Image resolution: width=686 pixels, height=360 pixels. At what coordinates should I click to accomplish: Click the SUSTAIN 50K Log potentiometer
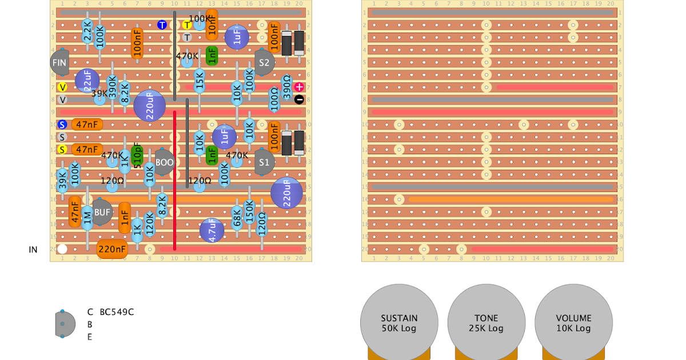(x=399, y=323)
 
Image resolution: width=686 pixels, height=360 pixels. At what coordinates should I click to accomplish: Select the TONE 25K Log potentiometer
(x=486, y=323)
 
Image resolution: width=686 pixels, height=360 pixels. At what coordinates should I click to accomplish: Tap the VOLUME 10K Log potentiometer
(x=573, y=323)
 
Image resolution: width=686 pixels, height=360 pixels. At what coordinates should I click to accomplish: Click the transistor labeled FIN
(x=59, y=62)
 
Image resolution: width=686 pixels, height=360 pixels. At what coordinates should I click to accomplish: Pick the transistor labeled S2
(x=264, y=62)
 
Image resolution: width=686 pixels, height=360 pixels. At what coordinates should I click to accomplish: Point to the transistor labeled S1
(x=264, y=162)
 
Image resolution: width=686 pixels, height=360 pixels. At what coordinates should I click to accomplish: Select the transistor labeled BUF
(x=102, y=212)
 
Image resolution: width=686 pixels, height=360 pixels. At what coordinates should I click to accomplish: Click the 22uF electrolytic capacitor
(x=87, y=81)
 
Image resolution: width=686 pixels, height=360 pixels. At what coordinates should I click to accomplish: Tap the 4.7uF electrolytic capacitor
(x=212, y=230)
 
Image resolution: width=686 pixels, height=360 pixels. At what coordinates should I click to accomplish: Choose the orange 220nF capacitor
(x=112, y=249)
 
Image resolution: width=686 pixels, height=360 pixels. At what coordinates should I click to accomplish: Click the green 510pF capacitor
(x=137, y=155)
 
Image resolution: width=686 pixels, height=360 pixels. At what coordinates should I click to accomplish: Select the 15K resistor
(x=200, y=81)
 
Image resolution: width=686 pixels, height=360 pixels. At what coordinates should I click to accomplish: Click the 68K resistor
(x=237, y=218)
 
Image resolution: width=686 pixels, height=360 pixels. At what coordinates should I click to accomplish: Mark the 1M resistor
(x=87, y=218)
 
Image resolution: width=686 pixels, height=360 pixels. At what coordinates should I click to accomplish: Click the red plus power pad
(x=299, y=87)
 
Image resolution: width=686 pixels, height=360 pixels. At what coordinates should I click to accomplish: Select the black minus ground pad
(x=299, y=99)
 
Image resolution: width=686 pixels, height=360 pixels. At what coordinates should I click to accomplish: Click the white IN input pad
(x=62, y=249)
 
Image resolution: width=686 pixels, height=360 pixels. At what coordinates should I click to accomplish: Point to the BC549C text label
(x=117, y=312)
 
